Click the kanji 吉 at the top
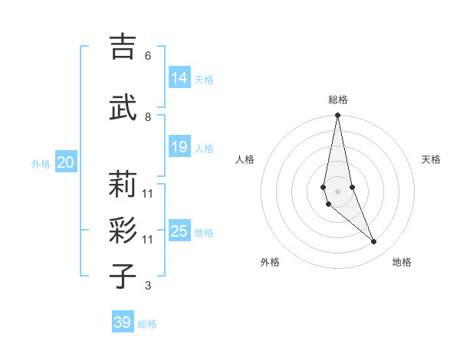coord(122,47)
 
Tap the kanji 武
coord(122,107)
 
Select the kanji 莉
coord(122,184)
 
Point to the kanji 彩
coord(122,231)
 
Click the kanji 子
coord(122,277)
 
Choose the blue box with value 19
coord(179,147)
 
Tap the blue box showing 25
coord(179,231)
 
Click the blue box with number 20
coord(66,162)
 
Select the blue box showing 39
coord(122,322)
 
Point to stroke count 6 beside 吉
coord(147,56)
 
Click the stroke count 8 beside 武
coord(147,116)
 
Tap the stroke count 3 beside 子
coord(147,286)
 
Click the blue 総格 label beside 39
coord(147,324)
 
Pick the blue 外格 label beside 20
coord(41,164)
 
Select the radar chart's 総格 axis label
coord(337,100)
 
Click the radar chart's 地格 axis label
coord(402,262)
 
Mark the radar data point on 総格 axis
coord(337,116)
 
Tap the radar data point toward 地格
coord(374,242)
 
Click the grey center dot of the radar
coord(337,191)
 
